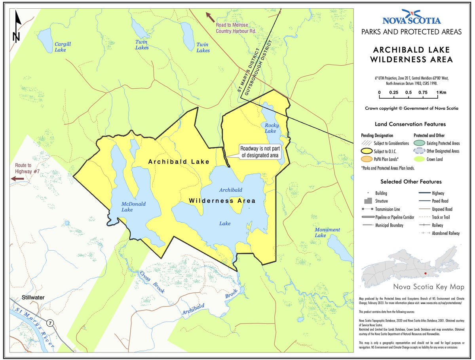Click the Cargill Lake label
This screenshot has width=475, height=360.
coord(63,47)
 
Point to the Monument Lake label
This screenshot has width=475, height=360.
coord(327,232)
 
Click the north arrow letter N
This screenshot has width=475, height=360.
coord(16,37)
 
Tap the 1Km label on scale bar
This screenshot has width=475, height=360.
coord(442,92)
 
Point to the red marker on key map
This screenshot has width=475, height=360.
coord(425,274)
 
